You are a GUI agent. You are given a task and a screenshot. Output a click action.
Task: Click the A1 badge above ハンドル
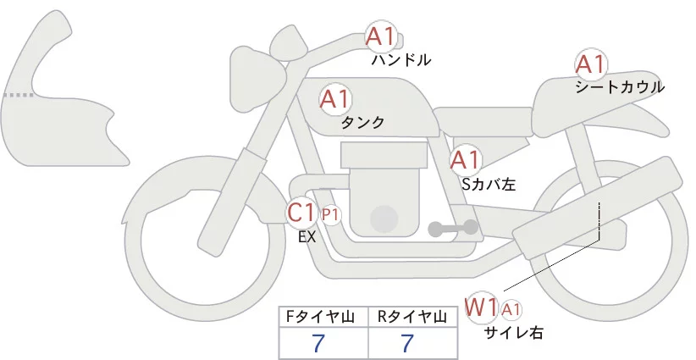(380, 37)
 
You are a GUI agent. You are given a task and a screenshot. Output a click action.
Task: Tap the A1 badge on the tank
(334, 99)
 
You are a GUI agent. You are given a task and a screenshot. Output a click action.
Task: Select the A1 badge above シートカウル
(590, 64)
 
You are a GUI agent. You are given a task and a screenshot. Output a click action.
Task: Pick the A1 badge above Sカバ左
(465, 159)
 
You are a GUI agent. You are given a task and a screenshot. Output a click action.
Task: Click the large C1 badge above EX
(301, 213)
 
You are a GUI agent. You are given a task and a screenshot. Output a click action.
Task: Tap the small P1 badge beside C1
(330, 215)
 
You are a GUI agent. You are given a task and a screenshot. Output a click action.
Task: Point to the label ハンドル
(401, 60)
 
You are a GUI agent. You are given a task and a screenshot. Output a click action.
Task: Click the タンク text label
(362, 123)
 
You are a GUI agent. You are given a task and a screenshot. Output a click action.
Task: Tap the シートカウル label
(619, 87)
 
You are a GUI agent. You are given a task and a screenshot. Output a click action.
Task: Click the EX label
(307, 237)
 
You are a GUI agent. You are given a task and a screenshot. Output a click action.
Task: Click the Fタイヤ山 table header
(323, 317)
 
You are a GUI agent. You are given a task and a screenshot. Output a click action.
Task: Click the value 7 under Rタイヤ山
(407, 343)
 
